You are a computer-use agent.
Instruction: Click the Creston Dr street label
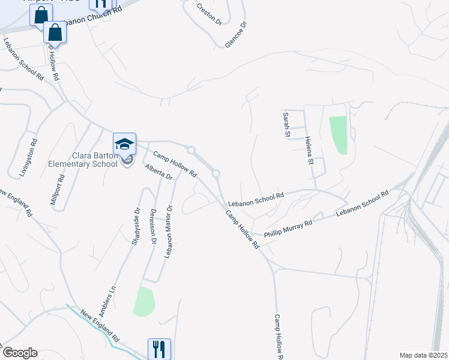tap(209, 14)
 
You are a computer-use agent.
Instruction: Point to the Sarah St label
tap(287, 124)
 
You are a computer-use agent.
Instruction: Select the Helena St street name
tap(310, 151)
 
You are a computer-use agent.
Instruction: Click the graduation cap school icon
tap(124, 143)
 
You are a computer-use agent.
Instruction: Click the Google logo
tap(19, 353)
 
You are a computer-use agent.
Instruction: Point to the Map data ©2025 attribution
tap(423, 355)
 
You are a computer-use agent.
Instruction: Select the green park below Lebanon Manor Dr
tap(143, 302)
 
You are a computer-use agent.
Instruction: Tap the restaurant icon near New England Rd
tap(159, 349)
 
